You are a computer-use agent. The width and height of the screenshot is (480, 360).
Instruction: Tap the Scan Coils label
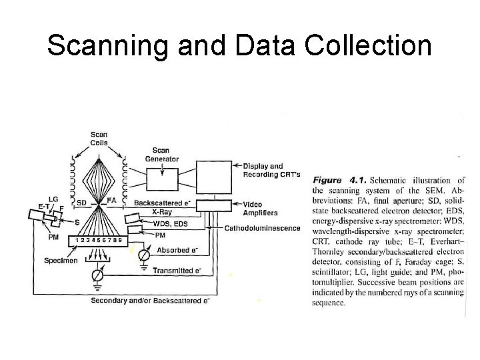click(x=99, y=139)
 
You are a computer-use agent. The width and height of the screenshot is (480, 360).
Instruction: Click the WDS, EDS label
click(x=170, y=223)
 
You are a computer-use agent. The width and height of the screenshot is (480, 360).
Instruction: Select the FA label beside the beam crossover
click(x=111, y=200)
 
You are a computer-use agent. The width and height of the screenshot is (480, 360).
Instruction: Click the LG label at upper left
click(x=53, y=199)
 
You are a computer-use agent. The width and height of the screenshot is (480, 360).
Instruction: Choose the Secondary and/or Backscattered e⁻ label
click(x=151, y=300)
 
